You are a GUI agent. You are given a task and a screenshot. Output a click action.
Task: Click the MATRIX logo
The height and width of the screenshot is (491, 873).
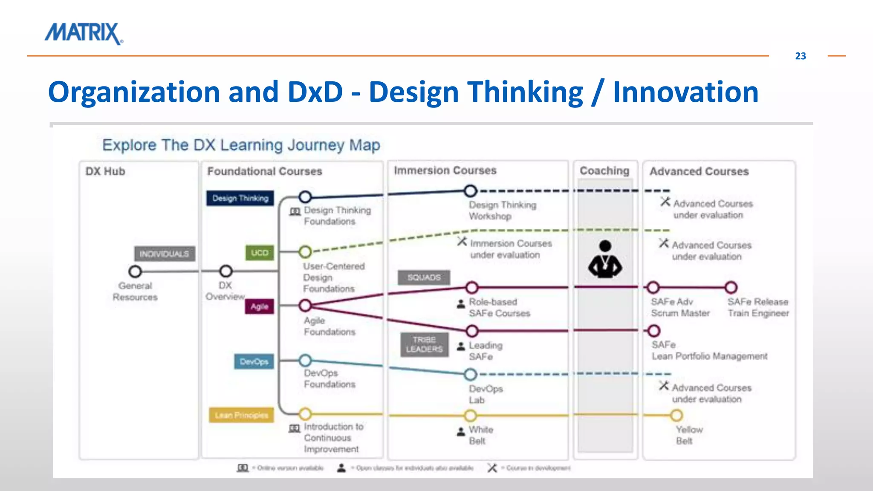point(84,33)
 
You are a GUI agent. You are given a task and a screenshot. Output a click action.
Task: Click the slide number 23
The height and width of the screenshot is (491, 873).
point(800,56)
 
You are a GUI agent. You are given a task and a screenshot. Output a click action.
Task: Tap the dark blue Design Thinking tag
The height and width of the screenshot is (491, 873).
point(240,198)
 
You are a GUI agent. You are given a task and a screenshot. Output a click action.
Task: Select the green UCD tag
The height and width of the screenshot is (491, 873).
point(260,253)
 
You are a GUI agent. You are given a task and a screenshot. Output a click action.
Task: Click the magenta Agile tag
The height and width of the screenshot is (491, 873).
point(259,306)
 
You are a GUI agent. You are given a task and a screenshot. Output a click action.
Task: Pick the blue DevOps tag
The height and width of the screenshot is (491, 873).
point(254,362)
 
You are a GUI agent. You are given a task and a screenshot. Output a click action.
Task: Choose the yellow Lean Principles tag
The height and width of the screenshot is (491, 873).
point(241,415)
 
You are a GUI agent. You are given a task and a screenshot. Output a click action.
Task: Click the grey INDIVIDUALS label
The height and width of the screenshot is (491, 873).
point(165,254)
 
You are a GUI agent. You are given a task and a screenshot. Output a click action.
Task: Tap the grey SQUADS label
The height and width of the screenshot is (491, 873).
point(424,277)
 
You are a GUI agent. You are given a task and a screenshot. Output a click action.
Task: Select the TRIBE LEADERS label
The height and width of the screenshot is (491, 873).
point(424,344)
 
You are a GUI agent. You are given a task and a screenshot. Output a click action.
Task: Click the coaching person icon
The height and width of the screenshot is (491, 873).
point(605,259)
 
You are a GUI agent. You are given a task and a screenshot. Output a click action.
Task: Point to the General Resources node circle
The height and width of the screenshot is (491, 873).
point(135,271)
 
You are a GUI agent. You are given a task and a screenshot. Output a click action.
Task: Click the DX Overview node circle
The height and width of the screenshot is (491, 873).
point(225,271)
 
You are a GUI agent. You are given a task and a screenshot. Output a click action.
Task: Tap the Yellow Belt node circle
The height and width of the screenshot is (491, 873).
point(676,415)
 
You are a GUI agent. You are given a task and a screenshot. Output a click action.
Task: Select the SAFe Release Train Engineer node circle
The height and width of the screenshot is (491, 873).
point(731,288)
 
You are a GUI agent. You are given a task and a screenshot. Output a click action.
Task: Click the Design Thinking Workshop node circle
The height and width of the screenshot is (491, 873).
point(470,191)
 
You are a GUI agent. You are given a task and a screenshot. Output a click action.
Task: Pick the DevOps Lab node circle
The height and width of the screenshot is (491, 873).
point(470,375)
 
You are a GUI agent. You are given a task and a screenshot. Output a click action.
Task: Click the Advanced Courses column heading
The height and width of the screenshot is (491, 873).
point(699,171)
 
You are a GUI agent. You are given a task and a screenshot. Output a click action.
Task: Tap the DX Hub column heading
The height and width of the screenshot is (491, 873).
point(105,171)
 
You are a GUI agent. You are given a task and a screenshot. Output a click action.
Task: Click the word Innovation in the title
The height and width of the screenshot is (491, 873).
point(685,92)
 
